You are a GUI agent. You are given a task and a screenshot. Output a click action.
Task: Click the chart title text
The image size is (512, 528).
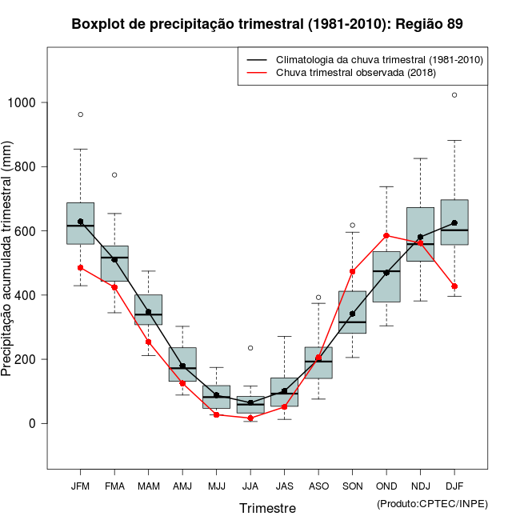(267, 24)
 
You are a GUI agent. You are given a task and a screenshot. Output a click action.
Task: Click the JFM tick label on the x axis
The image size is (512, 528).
(80, 486)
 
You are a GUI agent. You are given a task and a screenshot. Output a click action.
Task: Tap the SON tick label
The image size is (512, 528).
(352, 486)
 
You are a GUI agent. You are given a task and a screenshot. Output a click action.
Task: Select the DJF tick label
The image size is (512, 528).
(454, 486)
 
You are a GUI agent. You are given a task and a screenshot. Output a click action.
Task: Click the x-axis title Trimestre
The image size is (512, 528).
(267, 508)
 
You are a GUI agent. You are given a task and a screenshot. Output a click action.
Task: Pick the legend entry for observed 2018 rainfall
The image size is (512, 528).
(356, 73)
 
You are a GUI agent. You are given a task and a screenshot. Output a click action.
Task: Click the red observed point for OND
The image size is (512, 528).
(386, 236)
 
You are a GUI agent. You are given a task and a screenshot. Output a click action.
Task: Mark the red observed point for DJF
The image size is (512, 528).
(454, 286)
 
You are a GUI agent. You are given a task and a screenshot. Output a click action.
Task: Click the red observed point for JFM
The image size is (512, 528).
(80, 267)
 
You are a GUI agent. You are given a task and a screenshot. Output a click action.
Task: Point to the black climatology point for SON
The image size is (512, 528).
(352, 314)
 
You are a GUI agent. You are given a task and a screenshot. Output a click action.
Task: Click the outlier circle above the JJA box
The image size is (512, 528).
(250, 348)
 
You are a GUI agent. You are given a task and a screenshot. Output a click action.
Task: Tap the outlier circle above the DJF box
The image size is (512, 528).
(454, 95)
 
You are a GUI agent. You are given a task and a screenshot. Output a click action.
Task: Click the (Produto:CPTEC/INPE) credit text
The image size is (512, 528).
(432, 504)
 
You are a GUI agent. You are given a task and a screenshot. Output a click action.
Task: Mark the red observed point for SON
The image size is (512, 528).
(352, 271)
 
